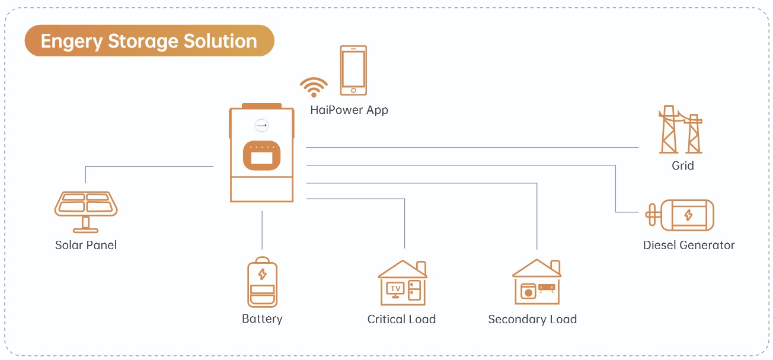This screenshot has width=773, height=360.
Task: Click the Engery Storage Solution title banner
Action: click(149, 41)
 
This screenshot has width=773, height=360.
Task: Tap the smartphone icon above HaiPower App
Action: click(353, 70)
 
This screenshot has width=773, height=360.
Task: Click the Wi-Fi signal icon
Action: click(314, 87)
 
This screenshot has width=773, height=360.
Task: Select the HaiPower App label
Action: click(349, 110)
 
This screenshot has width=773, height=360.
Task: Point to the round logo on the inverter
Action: click(261, 125)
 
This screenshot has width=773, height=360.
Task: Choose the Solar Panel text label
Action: click(86, 245)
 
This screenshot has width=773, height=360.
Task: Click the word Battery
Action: click(262, 318)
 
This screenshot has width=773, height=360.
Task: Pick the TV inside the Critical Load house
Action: click(395, 289)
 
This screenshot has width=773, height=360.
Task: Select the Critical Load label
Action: click(401, 319)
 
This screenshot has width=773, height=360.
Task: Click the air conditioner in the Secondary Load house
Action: click(547, 288)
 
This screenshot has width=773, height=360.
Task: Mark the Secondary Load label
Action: click(532, 319)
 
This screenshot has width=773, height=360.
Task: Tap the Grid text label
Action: click(682, 165)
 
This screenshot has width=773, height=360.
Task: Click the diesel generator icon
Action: click(682, 215)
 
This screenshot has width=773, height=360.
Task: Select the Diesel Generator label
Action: click(689, 245)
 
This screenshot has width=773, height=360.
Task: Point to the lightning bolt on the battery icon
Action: click(262, 274)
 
